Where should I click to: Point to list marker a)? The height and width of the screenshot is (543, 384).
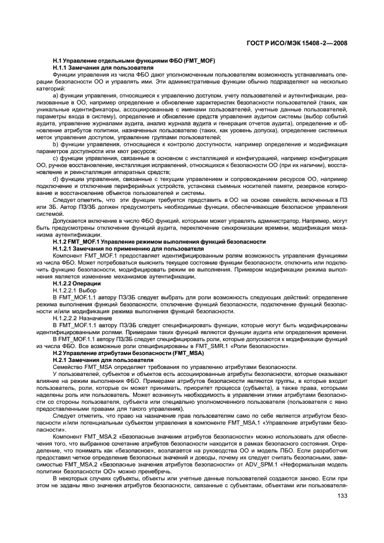coord(56,95)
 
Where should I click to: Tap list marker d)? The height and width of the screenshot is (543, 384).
coord(56,180)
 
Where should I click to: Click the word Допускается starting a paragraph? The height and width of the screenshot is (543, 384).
coord(69,221)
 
